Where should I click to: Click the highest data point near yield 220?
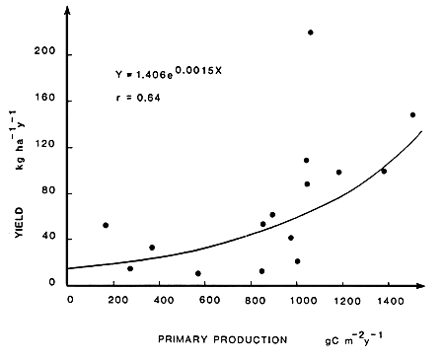(311, 33)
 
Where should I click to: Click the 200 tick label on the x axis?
(115, 300)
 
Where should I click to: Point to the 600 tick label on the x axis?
(207, 300)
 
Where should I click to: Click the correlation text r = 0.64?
(138, 99)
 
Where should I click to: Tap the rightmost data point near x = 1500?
(412, 114)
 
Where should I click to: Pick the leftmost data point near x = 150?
(106, 225)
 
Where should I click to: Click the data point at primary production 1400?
(384, 171)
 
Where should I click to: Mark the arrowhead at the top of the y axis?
(68, 9)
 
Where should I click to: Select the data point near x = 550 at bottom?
(198, 273)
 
